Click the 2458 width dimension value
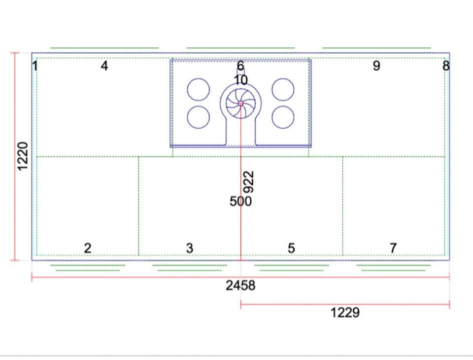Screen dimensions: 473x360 coord(240,286)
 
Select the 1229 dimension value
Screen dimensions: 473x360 coord(345,313)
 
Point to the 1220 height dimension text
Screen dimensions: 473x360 coord(22,156)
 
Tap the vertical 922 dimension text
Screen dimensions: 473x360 coord(248,182)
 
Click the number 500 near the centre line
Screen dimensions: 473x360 coord(240,201)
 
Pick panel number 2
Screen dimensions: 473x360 coord(88,248)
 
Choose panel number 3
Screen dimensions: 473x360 coord(189,248)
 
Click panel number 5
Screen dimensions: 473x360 coord(291,248)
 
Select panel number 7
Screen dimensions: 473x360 coord(393,248)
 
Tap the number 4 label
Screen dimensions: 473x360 coord(104,66)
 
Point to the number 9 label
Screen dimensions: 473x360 coord(376,66)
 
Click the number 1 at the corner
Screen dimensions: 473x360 coord(35,66)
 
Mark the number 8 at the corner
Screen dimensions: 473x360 coord(446,66)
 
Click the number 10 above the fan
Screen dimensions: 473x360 coord(241,80)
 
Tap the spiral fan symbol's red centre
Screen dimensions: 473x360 coord(241,104)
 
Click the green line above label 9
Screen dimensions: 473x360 coord(376,48)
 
